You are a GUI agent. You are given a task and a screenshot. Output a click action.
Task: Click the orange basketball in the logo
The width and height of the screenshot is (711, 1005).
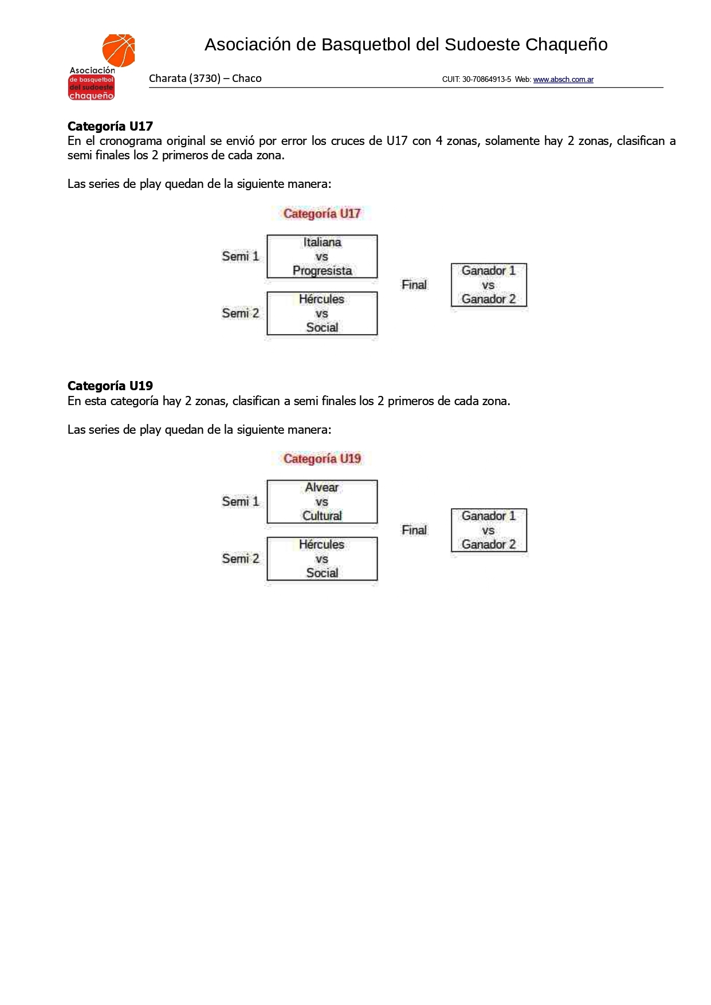(119, 50)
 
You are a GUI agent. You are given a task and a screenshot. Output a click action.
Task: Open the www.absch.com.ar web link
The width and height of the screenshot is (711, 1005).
(563, 80)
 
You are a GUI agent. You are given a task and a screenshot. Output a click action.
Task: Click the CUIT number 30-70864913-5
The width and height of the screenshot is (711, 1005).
(486, 80)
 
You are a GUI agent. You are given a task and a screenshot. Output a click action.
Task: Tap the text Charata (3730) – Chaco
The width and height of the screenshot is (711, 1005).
(205, 78)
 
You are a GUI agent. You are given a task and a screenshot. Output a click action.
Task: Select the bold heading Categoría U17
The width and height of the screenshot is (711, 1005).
(110, 126)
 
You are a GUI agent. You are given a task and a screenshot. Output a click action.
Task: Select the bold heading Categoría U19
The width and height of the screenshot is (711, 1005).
(110, 386)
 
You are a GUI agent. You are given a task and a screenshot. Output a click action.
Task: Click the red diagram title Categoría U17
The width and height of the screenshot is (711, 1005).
(322, 214)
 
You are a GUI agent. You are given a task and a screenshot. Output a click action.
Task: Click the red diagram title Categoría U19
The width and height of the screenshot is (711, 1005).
(322, 459)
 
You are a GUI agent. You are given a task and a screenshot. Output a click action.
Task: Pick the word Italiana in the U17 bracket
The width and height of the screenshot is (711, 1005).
(322, 242)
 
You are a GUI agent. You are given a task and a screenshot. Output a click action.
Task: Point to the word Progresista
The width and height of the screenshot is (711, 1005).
(322, 270)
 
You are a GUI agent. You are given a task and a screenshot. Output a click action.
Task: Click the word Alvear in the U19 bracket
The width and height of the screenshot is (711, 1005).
(322, 488)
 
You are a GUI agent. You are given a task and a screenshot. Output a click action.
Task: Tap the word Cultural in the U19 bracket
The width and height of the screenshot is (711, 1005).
(322, 516)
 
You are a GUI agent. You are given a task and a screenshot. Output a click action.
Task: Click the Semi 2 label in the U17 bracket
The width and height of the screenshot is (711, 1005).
(241, 313)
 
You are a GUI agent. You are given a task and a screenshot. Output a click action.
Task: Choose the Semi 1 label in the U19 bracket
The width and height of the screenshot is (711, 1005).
(241, 502)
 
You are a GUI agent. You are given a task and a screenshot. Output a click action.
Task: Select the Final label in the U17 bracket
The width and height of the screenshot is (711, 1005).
(414, 285)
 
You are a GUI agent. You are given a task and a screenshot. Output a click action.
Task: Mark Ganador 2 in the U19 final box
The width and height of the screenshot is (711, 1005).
(489, 544)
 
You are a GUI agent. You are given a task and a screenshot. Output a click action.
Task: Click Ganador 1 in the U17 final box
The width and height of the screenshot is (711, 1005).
(489, 270)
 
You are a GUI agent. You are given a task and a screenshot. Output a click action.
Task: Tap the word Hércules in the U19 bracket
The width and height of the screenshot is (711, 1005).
(322, 544)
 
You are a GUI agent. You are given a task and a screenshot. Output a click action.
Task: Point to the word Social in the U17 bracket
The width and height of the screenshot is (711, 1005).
(322, 328)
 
